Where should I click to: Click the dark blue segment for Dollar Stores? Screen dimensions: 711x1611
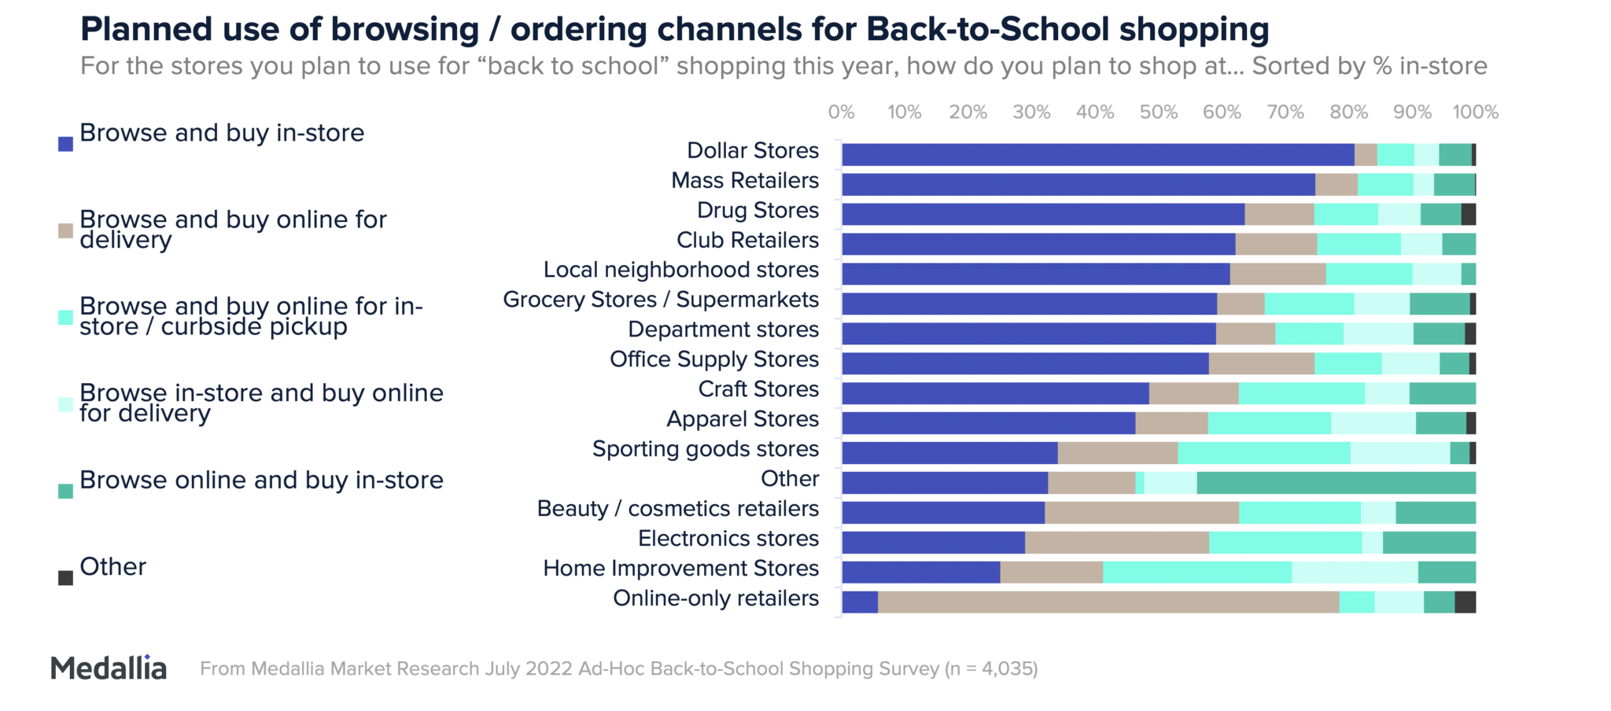pos(1097,155)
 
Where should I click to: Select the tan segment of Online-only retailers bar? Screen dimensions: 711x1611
pos(1108,602)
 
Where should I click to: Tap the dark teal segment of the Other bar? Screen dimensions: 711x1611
pos(1336,483)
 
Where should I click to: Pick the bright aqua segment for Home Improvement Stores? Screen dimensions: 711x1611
pos(1196,572)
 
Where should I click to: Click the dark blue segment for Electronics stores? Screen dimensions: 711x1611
pos(933,543)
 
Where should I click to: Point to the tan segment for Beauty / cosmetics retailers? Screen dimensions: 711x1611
pos(1141,513)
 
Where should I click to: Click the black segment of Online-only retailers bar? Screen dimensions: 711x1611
pos(1465,602)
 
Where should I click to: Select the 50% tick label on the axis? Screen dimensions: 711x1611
pos(1159,112)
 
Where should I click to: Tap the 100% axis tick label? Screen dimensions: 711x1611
pos(1475,112)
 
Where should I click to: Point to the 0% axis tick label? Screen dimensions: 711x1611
pos(841,112)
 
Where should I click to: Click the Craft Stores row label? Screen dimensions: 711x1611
pos(758,389)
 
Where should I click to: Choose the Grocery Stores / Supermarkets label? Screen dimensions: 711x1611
pos(661,300)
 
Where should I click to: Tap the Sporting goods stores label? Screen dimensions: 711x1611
pos(706,449)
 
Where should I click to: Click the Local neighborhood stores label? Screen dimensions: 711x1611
pos(681,270)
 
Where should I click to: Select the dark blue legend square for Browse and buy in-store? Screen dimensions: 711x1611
pos(66,144)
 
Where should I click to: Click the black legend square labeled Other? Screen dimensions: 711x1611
pos(66,578)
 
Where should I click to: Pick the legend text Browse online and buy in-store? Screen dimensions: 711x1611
pos(261,480)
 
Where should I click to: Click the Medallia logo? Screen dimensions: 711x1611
pos(109,668)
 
